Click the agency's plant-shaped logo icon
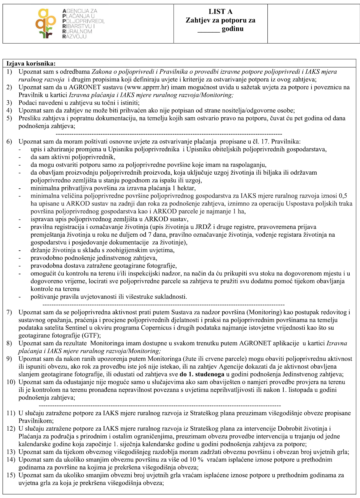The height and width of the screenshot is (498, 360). tap(46, 24)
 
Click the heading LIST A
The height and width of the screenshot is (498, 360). tap(221, 12)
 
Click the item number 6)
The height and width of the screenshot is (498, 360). tap(10, 141)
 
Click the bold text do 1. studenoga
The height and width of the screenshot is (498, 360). tap(202, 374)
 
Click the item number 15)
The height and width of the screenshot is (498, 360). tap(11, 475)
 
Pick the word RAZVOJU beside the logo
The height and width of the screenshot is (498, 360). tap(74, 36)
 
